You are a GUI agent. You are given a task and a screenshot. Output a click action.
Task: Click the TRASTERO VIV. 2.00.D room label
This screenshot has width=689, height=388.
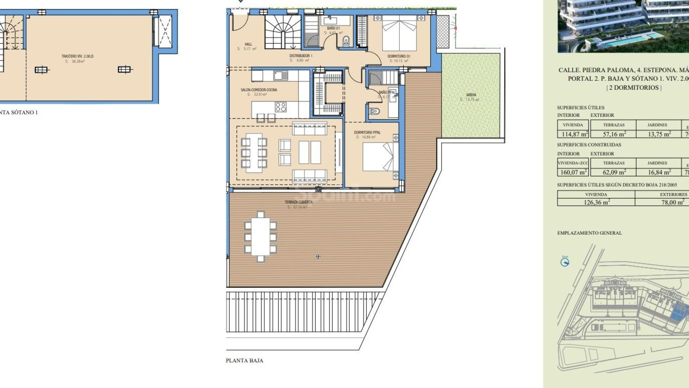coord(77,56)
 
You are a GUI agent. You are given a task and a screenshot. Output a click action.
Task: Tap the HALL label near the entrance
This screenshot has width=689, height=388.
coord(248,44)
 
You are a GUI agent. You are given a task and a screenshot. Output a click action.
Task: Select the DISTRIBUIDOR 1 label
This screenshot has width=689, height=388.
coord(301,56)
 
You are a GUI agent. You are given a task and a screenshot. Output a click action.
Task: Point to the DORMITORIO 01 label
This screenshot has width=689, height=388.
coord(399,56)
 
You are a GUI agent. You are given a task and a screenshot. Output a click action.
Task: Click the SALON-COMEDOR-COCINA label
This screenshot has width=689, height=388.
coord(259,90)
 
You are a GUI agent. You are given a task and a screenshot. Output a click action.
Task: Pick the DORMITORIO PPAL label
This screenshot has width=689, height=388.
coord(367,132)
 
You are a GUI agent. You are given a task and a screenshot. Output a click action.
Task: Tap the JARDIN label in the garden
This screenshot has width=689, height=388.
coord(471,95)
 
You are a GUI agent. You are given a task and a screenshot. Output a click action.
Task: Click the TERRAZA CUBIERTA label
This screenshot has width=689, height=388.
coord(299,202)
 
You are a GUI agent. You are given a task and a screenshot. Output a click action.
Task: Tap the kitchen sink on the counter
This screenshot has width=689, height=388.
coord(280,76)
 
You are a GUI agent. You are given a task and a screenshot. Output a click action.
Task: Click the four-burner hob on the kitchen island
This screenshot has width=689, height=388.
coord(281,107)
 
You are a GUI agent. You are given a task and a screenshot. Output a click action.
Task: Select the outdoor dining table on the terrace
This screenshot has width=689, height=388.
coord(261,236)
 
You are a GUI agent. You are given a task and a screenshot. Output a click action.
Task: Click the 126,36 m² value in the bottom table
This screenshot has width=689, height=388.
coord(596,202)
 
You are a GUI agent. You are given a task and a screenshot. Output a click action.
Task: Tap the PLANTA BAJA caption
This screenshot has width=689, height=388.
coord(244,360)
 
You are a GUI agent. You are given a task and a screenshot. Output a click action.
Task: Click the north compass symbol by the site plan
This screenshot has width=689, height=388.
coord(565,262)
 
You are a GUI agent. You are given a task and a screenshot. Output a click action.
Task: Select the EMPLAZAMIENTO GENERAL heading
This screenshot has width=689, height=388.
coord(589,233)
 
